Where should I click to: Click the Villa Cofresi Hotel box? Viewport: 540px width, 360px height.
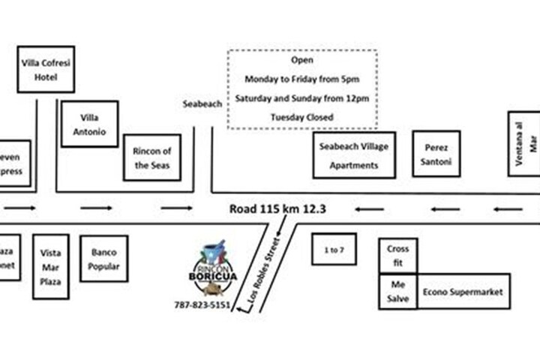(x=46, y=69)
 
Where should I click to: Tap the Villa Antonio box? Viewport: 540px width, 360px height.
(x=89, y=124)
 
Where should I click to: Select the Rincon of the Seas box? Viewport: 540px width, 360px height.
(x=152, y=157)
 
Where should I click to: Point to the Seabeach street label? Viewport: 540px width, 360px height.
(x=202, y=104)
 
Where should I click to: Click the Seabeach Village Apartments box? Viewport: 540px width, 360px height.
(x=354, y=156)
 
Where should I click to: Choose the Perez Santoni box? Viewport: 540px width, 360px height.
(x=436, y=154)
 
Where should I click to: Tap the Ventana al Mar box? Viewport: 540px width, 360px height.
(x=524, y=143)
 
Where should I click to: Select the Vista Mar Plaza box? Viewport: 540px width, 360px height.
(x=51, y=266)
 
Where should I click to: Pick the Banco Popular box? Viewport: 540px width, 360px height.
(x=103, y=259)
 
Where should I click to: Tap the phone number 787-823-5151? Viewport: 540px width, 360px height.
(x=202, y=305)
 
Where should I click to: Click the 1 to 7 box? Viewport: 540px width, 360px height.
(x=334, y=249)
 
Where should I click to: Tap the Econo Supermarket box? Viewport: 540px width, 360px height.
(x=463, y=292)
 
